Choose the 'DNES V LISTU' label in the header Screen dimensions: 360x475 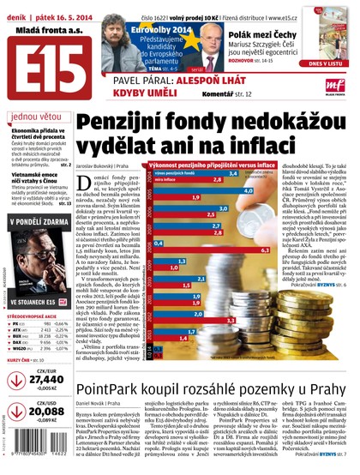[x=332, y=62]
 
